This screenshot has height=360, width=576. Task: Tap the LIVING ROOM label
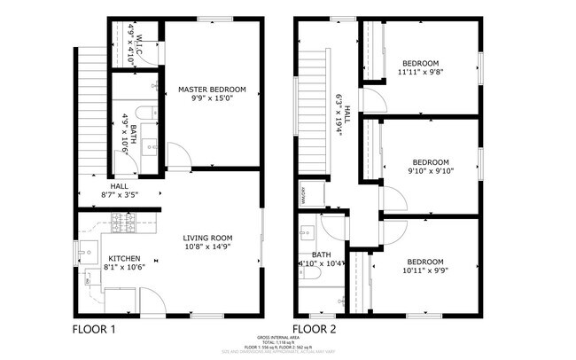click(x=207, y=238)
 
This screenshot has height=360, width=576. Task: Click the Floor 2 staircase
click(x=312, y=115)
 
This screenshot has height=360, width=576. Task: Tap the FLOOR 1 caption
click(x=93, y=329)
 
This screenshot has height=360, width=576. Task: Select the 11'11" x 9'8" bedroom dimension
click(x=421, y=74)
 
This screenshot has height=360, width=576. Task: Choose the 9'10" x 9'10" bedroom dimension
click(x=430, y=171)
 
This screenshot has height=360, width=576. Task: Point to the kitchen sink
click(x=86, y=254)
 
